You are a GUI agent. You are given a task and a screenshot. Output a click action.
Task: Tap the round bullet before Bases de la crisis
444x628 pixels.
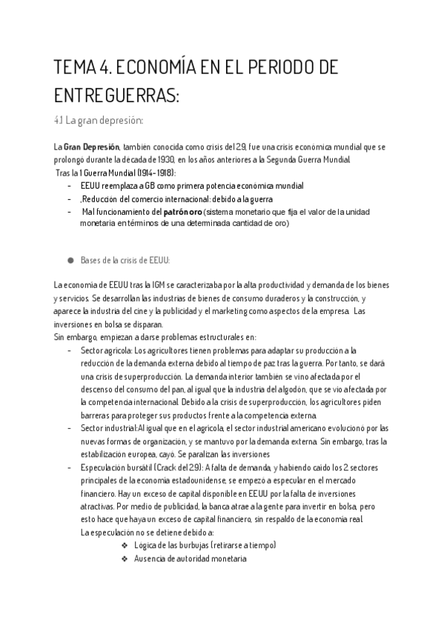[x=71, y=260]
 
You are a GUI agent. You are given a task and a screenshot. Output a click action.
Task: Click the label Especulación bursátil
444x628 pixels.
[x=116, y=467]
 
